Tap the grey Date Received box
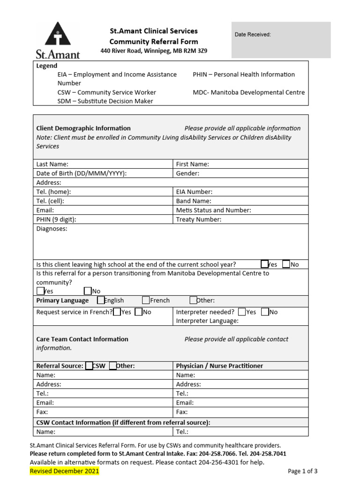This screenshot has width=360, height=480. pos(281,40)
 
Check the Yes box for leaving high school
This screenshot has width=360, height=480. pos(265,264)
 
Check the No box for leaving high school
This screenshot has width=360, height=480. pos(286,264)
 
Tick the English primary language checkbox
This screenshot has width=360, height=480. pos(101,300)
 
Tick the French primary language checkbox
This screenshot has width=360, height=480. pos(146,300)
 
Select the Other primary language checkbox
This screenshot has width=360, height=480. pos(193,300)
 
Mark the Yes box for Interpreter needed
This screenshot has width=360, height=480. pos(242,312)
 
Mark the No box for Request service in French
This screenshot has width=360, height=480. pos(138,312)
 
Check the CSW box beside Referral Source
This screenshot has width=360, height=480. pos(89,366)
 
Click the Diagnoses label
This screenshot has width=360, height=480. pos(52,229)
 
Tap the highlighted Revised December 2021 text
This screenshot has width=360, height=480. pos(64,471)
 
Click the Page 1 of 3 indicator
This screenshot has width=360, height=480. pos(303,471)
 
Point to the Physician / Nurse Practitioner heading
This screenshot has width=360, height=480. pos(219,366)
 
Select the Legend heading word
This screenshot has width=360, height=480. pos(47,66)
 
